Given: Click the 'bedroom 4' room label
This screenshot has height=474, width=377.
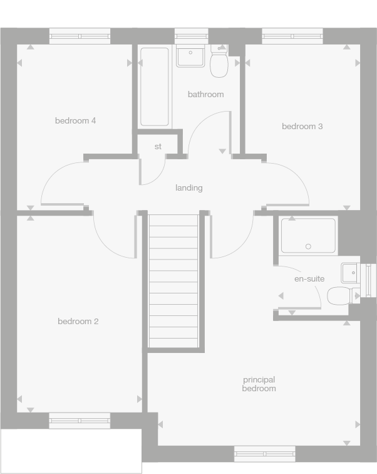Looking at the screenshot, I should coord(75,120).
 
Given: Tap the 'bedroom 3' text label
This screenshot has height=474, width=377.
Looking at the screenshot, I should coord(302,126).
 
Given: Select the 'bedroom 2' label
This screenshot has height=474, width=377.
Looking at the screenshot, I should coord(78,322).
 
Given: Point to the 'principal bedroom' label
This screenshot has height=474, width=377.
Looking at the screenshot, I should coord(259,384).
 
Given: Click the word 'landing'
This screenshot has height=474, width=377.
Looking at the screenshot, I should coord(189,187).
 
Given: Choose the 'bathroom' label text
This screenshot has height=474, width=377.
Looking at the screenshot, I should coord(205,94).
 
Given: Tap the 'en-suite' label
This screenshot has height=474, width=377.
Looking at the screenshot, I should coord(309,278).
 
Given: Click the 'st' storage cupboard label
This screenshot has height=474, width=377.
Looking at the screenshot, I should coord(158,146).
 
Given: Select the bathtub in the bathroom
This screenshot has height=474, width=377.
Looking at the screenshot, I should coord(154,87).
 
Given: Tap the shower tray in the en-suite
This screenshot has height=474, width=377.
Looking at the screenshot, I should coord(309,234).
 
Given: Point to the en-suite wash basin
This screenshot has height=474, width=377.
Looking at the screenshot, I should coord(349,273).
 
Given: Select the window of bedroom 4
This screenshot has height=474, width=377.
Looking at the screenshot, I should coord(80,36).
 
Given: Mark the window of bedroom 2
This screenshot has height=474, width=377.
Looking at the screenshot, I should coord(80,420).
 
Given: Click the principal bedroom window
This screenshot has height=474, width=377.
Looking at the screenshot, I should coord(264,453).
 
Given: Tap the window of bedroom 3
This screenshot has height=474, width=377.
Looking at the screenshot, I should coord(292,36).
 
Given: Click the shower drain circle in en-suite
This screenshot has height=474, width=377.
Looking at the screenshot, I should coord(307,246).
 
